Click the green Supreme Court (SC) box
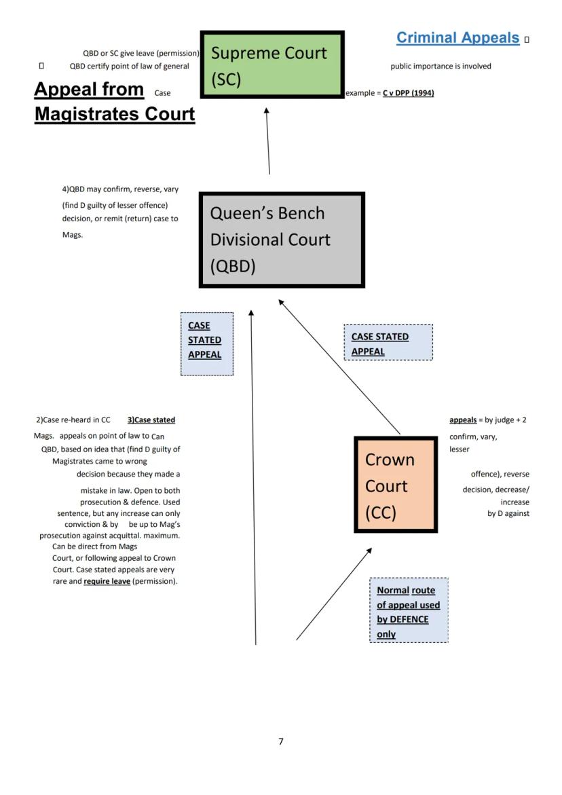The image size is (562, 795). point(272,64)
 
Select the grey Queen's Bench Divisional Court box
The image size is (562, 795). point(282,240)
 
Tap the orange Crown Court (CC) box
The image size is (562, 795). point(396,485)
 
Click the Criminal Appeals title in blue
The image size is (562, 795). point(457,38)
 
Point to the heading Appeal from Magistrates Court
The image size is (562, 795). point(114,101)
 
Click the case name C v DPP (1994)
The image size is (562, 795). point(409,93)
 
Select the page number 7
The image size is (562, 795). point(281,741)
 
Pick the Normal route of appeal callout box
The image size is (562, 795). point(409,610)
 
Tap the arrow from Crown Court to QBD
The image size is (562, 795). point(339,367)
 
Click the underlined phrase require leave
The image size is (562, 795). point(107,581)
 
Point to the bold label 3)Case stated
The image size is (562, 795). point(151,420)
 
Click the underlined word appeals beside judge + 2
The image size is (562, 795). point(463,420)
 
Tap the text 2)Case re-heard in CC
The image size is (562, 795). point(73,420)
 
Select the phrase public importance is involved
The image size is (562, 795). point(441,66)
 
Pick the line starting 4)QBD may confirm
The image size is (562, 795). point(120,189)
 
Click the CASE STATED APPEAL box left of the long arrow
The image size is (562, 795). point(206,344)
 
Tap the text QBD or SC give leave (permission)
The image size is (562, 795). point(141,53)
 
